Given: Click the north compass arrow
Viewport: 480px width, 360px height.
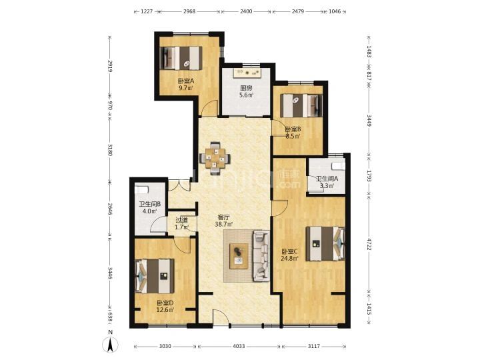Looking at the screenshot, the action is click(x=111, y=345).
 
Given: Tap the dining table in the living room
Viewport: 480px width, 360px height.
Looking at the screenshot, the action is click(x=215, y=158).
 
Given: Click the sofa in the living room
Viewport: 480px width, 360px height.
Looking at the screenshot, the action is click(x=261, y=256).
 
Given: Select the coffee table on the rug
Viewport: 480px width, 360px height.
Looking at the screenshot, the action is click(x=239, y=256).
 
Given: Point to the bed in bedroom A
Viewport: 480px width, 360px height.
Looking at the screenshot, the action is click(x=181, y=58).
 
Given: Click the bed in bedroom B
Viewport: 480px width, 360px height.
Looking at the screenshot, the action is click(x=301, y=105).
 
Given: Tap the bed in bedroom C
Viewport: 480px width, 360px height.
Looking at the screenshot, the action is click(x=325, y=243).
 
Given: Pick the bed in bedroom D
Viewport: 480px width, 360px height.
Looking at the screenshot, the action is click(x=155, y=276).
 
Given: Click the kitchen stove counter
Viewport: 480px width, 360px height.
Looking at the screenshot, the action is click(x=247, y=73).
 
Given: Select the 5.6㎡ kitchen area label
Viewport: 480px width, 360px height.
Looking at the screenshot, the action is click(x=247, y=95).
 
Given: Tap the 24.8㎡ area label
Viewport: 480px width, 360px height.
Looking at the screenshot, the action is click(x=289, y=259).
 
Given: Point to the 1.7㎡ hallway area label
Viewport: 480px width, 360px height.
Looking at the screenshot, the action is click(x=181, y=227).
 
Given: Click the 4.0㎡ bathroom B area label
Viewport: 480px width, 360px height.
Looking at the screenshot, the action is click(x=150, y=211).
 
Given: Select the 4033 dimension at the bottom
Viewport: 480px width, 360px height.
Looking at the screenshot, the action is click(x=239, y=346).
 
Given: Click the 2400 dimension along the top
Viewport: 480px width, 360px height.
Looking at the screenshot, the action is click(x=246, y=11).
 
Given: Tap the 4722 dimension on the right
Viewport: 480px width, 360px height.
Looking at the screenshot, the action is click(x=369, y=244).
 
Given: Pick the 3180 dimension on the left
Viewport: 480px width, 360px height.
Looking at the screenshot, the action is click(x=110, y=149).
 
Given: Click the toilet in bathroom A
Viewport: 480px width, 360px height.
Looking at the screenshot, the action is click(x=338, y=166).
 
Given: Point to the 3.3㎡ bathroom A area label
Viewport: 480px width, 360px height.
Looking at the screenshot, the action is click(x=327, y=185).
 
